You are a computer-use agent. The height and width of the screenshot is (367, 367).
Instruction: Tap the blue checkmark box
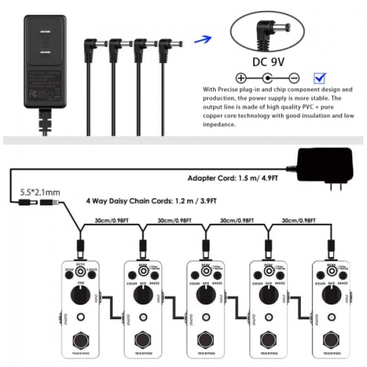319,78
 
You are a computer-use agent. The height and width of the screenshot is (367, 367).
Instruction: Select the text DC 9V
267,62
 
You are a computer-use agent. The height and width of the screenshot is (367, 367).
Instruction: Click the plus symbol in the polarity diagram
241,78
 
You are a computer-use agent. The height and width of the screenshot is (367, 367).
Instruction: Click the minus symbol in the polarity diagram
294,78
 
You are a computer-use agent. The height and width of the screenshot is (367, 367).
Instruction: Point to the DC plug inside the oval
267,29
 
